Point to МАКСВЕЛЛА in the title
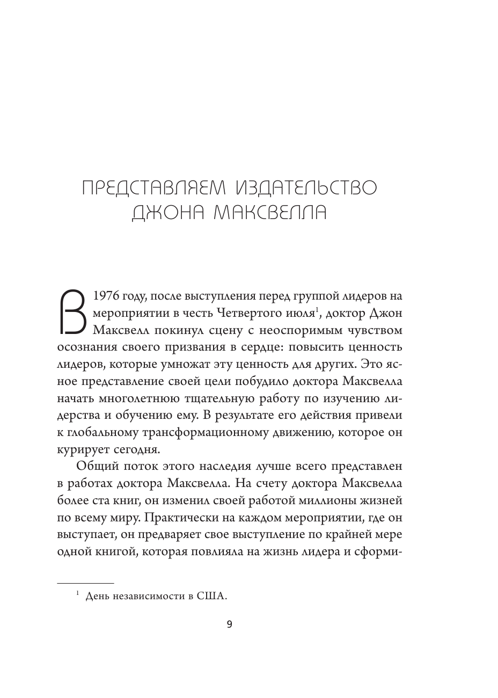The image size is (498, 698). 270,214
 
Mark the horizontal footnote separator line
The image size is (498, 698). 85,583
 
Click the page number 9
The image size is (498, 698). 230,624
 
